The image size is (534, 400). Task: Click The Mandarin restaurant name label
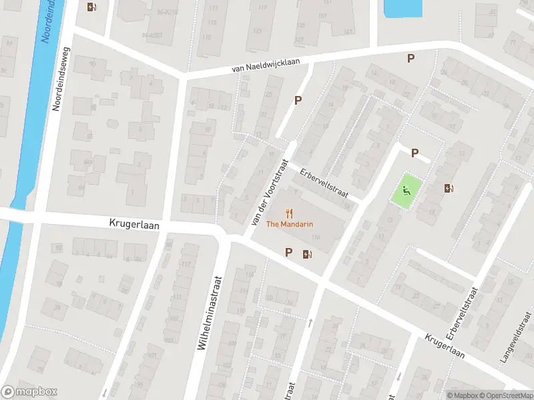tap(290, 224)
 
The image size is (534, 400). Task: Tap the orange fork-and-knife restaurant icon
tap(289, 213)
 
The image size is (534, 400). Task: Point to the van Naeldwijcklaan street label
tap(266, 65)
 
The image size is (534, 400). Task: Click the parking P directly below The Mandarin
tap(289, 252)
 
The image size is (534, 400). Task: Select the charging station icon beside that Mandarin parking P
tap(306, 253)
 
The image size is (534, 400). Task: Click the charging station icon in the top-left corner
tap(91, 7)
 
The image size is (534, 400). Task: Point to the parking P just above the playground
tap(415, 153)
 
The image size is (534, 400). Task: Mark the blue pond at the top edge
tap(403, 8)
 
